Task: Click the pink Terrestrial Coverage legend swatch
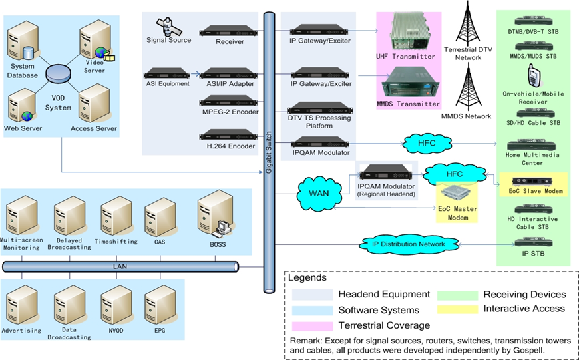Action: click(x=311, y=325)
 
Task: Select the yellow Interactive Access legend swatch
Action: click(x=457, y=309)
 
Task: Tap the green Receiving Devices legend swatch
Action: click(x=457, y=294)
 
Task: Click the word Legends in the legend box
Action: click(x=307, y=278)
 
